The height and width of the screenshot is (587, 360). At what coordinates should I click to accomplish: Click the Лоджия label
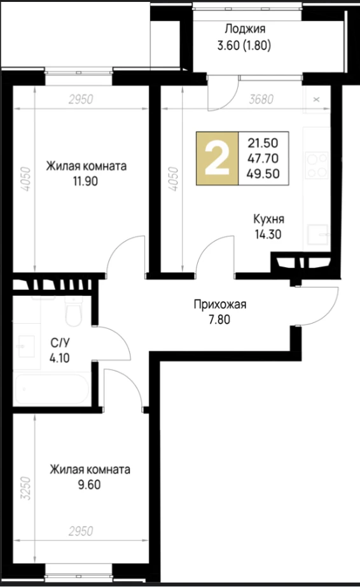click(x=245, y=29)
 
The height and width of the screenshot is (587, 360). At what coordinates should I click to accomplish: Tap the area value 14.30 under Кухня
click(x=268, y=234)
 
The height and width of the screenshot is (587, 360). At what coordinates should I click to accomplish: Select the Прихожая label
click(x=220, y=305)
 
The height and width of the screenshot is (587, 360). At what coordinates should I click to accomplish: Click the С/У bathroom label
click(x=60, y=343)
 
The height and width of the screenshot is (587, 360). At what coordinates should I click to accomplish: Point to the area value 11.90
click(x=86, y=181)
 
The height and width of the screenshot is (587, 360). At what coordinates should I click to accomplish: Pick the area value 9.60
click(x=90, y=485)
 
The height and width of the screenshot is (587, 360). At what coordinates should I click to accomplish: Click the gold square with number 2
click(x=218, y=158)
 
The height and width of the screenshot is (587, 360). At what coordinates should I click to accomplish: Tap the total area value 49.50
click(x=263, y=174)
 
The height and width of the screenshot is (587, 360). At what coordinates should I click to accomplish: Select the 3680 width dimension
click(x=261, y=99)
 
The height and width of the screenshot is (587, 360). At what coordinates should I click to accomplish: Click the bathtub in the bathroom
click(x=52, y=389)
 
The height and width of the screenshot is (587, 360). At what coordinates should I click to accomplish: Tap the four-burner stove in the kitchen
click(x=317, y=165)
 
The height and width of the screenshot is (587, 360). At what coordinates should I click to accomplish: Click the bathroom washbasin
click(x=25, y=346)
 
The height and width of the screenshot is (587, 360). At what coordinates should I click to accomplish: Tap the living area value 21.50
click(x=263, y=142)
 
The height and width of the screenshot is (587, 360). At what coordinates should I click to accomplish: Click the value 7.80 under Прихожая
click(x=219, y=320)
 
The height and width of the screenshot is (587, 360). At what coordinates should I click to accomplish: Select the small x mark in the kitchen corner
click(x=317, y=99)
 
